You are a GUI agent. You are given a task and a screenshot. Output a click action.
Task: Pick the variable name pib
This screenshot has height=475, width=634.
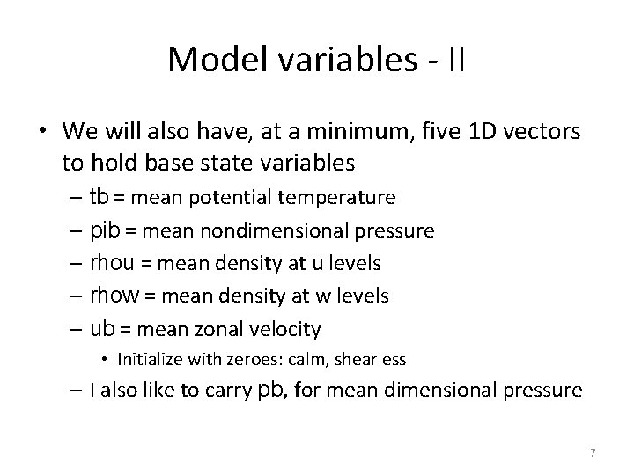(105, 230)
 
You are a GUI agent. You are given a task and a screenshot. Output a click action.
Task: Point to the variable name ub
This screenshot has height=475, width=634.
(103, 329)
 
